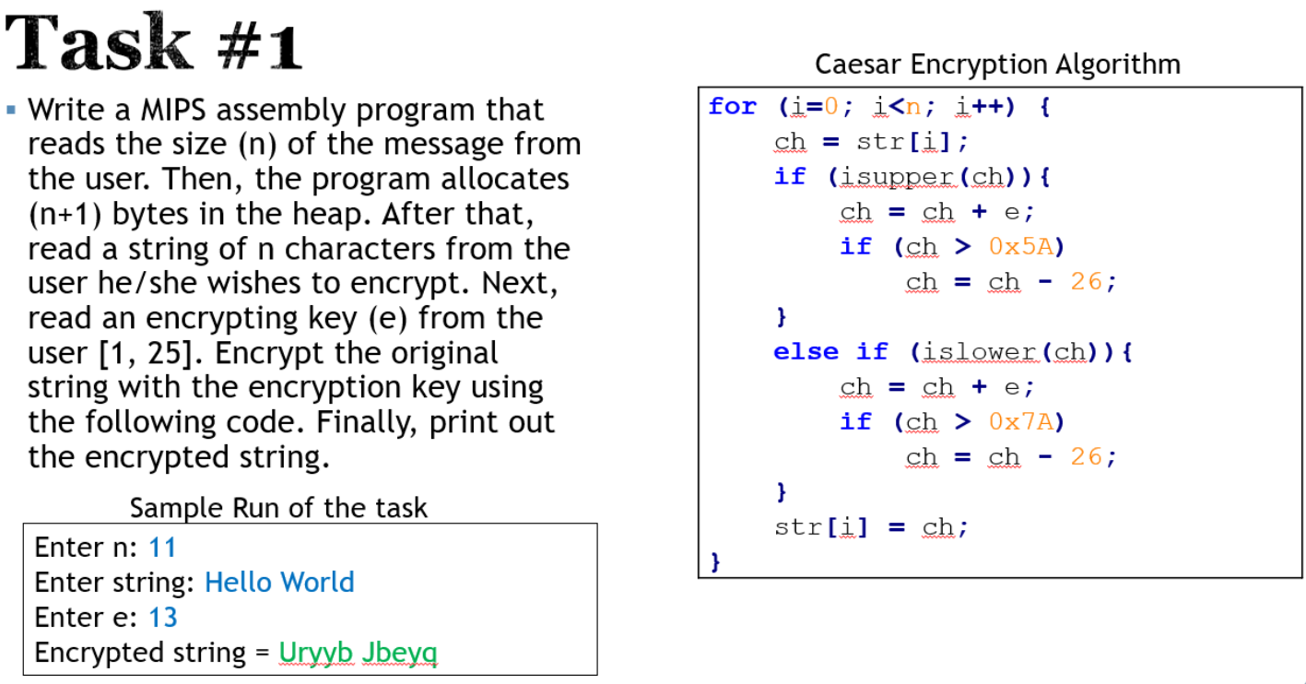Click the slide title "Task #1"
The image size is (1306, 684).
click(x=154, y=43)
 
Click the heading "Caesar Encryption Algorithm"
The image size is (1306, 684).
click(x=997, y=65)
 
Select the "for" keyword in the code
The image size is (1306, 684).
click(x=733, y=107)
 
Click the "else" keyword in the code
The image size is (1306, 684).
click(x=806, y=352)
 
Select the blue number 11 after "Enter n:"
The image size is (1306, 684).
click(x=162, y=548)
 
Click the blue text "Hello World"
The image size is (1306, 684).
click(x=279, y=583)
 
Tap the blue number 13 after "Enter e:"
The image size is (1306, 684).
click(x=163, y=617)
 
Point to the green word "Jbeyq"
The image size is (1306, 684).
click(x=400, y=653)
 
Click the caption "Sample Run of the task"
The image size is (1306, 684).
click(x=278, y=508)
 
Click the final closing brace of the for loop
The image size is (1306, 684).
click(x=714, y=560)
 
